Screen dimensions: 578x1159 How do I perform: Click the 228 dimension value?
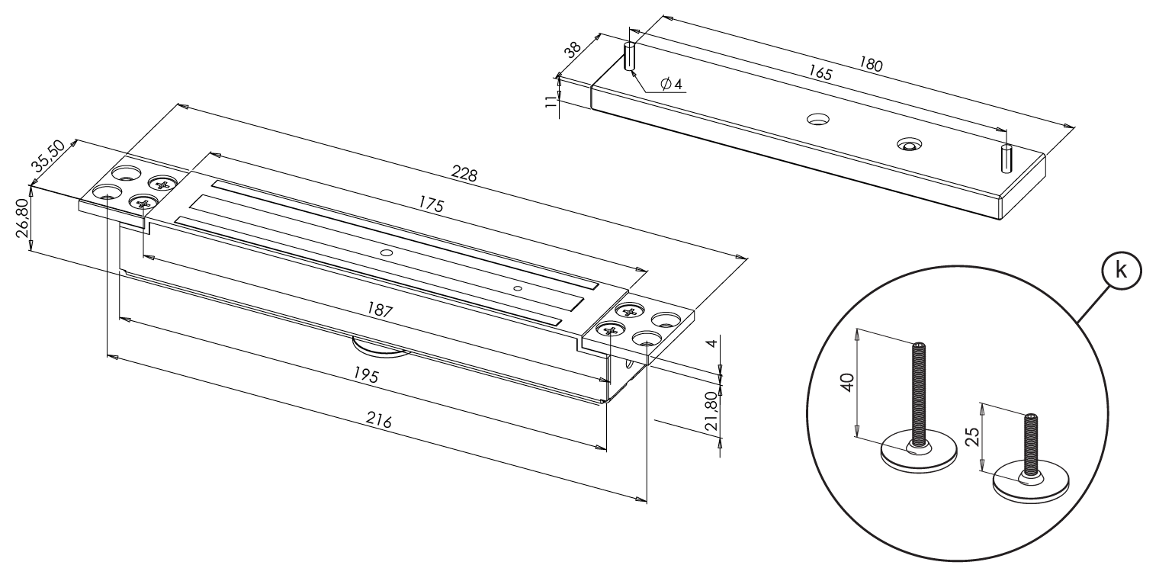click(x=464, y=175)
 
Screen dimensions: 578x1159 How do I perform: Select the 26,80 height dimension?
click(x=23, y=218)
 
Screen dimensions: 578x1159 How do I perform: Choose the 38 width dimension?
click(x=571, y=47)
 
